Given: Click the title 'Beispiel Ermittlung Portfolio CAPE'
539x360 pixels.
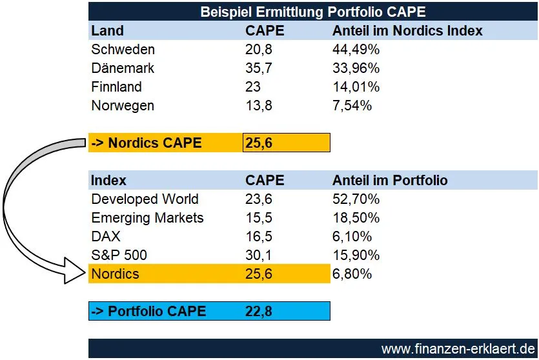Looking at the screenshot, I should pos(313,12).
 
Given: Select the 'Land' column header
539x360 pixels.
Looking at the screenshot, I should pos(107,30).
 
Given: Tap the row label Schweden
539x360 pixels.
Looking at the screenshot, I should pos(123,50).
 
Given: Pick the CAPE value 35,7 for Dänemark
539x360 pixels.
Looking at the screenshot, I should pos(258,68).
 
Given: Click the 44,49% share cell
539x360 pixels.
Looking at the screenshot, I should pos(356,50).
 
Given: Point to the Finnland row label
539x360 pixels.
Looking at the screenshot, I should pos(116,87).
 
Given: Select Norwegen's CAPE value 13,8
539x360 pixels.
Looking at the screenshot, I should pos(258,106).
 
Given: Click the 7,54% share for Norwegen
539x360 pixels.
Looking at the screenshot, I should pos(352,106).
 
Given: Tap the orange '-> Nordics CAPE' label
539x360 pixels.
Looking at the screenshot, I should pos(146,143).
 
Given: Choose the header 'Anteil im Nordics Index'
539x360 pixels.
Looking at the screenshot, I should pos(407,30).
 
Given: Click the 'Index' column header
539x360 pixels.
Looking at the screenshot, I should pos(108,181).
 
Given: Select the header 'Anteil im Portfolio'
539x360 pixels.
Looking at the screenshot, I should pos(390,181).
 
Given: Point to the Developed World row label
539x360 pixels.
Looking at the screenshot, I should pos(145,199).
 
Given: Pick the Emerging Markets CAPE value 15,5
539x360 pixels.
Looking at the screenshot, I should pos(258,218).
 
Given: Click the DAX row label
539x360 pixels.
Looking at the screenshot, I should pos(105,237).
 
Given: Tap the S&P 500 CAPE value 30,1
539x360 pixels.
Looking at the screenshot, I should pos(258,255).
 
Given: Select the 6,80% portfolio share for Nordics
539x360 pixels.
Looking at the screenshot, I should pos(352,274).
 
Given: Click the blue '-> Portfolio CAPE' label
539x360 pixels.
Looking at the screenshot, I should pos(148,312).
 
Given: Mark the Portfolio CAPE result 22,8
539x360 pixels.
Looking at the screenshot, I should pos(259,312).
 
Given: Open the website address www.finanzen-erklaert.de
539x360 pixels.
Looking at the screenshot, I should pos(458,349).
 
